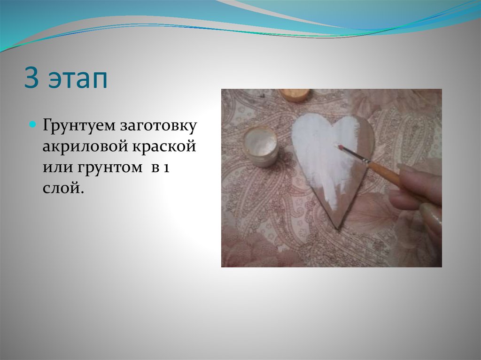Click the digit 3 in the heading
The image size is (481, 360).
(31, 79)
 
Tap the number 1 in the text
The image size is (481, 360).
(167, 168)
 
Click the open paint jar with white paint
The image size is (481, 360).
(260, 145)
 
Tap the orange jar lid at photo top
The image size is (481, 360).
(295, 94)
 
